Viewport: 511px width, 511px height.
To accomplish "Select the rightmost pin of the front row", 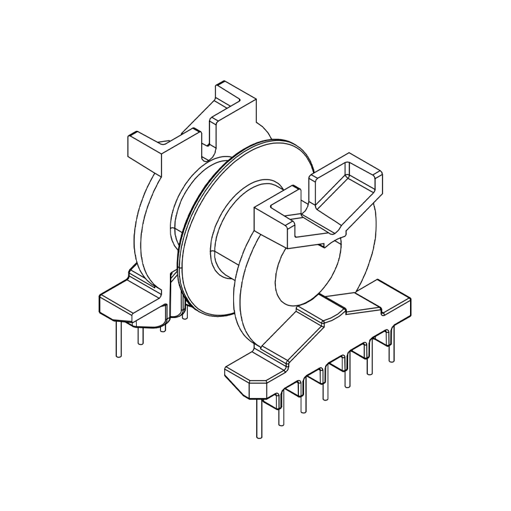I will pos(389,348).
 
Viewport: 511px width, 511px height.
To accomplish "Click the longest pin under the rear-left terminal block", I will pos(118,339).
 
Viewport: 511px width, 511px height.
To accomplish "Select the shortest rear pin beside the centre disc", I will pos(185,313).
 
